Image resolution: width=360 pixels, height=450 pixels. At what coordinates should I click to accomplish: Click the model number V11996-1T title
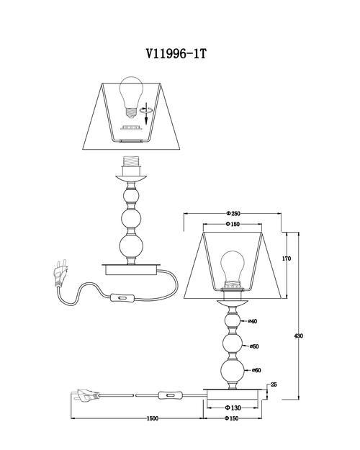pos(176,54)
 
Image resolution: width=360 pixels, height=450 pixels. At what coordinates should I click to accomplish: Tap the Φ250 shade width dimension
pos(233,214)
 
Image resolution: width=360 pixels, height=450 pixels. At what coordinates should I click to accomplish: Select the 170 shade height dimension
pos(287,258)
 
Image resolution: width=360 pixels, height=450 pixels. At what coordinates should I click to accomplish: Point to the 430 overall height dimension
pos(299,336)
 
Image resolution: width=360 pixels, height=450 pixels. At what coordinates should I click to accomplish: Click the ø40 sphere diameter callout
pos(252,321)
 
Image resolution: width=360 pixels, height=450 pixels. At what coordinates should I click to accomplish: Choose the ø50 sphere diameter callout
pos(254,346)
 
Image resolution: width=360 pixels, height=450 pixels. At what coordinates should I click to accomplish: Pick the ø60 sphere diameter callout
pos(256,370)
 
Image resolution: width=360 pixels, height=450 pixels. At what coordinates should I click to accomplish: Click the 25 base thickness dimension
pos(274,384)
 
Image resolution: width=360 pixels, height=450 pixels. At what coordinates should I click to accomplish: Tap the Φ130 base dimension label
pos(233,408)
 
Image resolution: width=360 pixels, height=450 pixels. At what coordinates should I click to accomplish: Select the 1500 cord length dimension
pos(153,418)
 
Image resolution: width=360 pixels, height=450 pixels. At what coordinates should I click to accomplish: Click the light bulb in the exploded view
pos(131,97)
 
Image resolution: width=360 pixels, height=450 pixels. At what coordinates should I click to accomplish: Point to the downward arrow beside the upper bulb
pos(146,113)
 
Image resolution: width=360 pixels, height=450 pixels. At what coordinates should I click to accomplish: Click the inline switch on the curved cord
pos(122,298)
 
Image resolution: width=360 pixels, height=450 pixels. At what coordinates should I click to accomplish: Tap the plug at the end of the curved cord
pos(60,273)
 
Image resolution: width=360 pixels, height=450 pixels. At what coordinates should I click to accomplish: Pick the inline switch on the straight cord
pos(170,396)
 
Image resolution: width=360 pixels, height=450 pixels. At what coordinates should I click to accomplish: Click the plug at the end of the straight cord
pos(85,396)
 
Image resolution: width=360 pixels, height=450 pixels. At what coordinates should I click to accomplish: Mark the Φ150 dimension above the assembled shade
pos(233,224)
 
